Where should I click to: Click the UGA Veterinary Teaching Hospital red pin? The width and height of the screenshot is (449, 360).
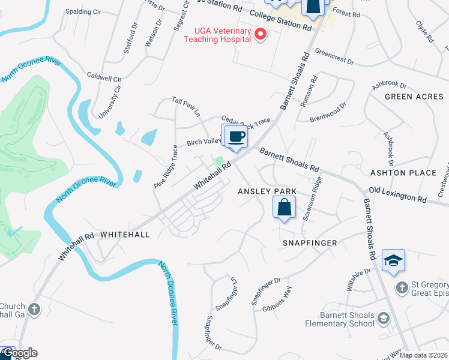[x=260, y=35]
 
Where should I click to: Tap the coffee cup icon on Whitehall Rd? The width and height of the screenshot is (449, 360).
[x=237, y=136]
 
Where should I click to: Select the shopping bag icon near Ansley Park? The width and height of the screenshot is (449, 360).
[x=284, y=208]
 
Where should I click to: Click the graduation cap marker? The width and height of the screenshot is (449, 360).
[x=393, y=260]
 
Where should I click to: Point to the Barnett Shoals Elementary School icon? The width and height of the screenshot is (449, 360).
[x=382, y=316]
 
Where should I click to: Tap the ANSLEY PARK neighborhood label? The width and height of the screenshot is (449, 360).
[x=267, y=191]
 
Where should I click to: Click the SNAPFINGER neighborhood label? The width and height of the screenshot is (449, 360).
[x=310, y=243]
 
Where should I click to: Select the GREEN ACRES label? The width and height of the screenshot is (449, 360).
[x=414, y=97]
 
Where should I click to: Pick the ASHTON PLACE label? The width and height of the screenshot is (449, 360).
[x=411, y=173]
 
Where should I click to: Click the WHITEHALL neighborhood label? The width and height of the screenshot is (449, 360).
[x=125, y=235]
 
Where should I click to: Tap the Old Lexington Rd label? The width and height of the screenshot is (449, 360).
[x=397, y=195]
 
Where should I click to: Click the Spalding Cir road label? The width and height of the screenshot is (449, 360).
[x=83, y=11]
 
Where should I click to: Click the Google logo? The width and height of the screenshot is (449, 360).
[x=19, y=353]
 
